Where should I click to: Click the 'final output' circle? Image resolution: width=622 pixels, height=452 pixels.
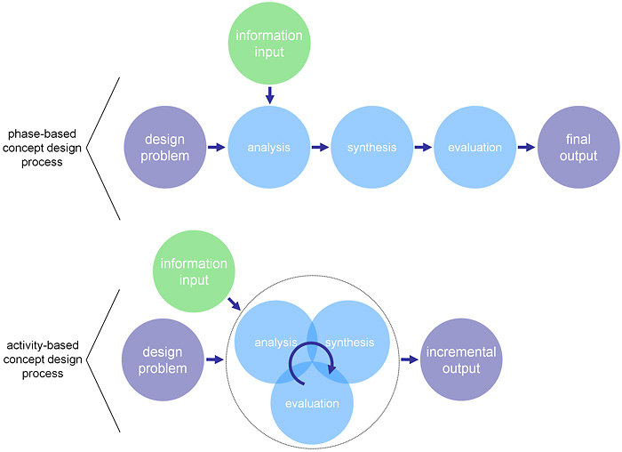click(x=578, y=148)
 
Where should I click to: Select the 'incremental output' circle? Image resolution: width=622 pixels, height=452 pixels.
click(x=461, y=359)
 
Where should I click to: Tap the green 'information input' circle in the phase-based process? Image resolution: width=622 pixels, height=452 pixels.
click(x=269, y=44)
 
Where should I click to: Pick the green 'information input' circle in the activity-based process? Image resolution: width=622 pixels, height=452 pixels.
click(x=194, y=271)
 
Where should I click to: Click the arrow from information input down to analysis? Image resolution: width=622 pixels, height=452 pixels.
click(x=270, y=95)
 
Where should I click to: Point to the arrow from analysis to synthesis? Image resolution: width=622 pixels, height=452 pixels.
click(x=321, y=148)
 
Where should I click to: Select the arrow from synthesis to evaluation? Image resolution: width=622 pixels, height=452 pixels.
click(x=423, y=148)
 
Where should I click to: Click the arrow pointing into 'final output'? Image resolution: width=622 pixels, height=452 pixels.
click(x=526, y=148)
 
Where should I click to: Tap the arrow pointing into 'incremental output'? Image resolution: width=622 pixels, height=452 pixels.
click(x=410, y=359)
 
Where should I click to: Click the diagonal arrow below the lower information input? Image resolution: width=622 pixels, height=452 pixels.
click(x=235, y=303)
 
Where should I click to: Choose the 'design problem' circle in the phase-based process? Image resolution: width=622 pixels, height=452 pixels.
click(x=165, y=148)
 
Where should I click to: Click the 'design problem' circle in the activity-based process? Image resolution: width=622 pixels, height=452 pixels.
click(x=163, y=359)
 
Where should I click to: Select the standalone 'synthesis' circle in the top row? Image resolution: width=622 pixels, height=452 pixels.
click(x=372, y=148)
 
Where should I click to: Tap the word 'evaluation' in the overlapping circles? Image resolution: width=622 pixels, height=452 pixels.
click(x=312, y=404)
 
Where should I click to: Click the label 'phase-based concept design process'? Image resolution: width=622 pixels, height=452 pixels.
click(x=42, y=148)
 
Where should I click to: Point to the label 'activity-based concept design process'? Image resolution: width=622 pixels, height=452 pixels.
click(x=43, y=359)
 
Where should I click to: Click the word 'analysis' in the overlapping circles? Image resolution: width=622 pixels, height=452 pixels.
click(x=275, y=343)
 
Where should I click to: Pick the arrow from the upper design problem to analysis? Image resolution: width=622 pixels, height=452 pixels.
click(x=217, y=148)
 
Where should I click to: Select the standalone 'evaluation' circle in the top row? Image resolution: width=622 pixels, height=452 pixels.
click(x=475, y=148)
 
